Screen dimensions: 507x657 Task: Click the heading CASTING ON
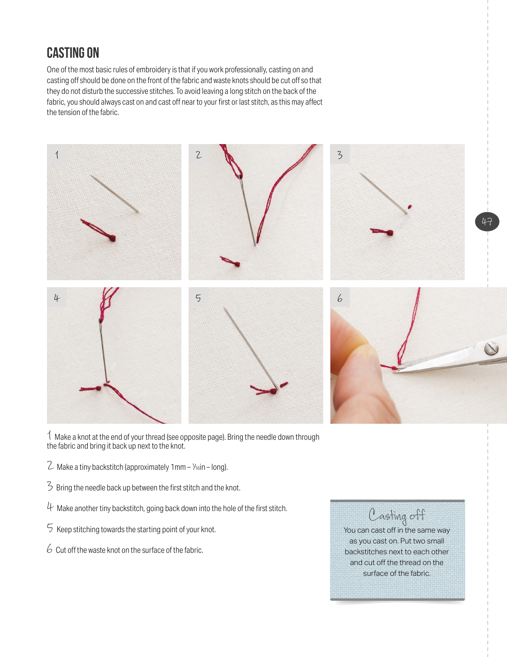pyautogui.click(x=73, y=53)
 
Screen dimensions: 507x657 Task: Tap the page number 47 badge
pyautogui.click(x=487, y=222)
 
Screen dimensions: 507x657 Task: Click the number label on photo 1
pyautogui.click(x=57, y=154)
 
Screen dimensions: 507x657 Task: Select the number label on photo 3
pyautogui.click(x=340, y=154)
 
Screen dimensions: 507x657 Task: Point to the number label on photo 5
pyautogui.click(x=198, y=298)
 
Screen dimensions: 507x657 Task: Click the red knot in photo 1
pyautogui.click(x=113, y=238)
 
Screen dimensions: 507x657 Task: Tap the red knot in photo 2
pyautogui.click(x=238, y=264)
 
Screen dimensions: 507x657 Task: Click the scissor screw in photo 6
pyautogui.click(x=491, y=348)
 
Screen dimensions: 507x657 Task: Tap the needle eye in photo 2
pyautogui.click(x=241, y=176)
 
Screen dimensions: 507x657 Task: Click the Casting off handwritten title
pyautogui.click(x=397, y=515)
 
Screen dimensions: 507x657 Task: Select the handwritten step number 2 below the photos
pyautogui.click(x=50, y=466)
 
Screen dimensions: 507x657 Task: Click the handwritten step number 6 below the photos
pyautogui.click(x=50, y=549)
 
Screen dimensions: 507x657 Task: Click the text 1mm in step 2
pyautogui.click(x=178, y=467)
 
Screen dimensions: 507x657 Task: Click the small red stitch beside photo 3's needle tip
pyautogui.click(x=410, y=207)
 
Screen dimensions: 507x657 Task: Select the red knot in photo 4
pyautogui.click(x=99, y=389)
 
